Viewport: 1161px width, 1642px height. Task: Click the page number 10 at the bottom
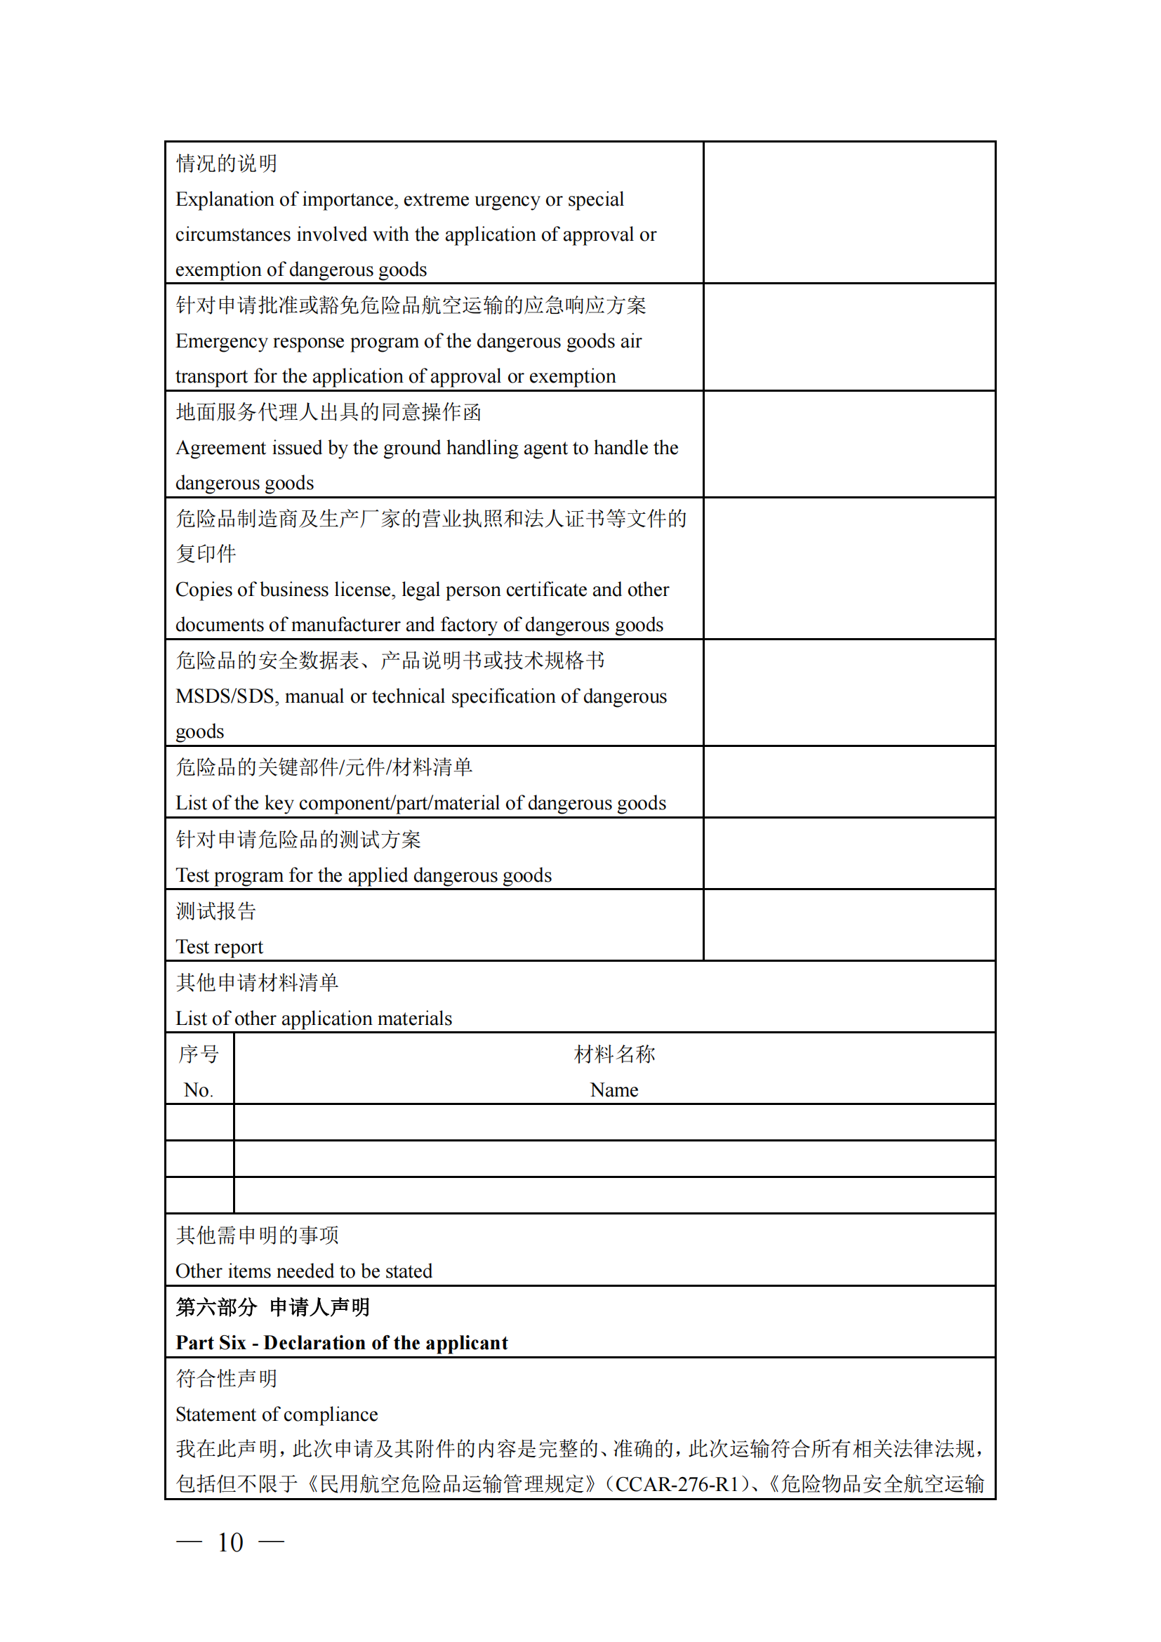(x=230, y=1542)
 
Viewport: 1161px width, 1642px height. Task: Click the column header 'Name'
(x=613, y=1090)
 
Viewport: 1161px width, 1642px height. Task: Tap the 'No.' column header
(x=198, y=1090)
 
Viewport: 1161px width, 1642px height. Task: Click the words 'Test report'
(x=220, y=947)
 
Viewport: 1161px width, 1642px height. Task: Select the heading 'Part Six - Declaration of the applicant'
(x=342, y=1343)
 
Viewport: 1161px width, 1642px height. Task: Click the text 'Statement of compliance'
(x=277, y=1415)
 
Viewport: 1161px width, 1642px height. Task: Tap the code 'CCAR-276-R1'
(x=675, y=1485)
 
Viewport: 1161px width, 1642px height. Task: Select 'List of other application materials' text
(x=314, y=1019)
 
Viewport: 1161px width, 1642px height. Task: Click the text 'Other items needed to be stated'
(x=304, y=1271)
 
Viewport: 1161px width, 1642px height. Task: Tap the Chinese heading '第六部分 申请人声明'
(x=272, y=1307)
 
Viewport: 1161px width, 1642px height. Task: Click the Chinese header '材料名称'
(x=613, y=1054)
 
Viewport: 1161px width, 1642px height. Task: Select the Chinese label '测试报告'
(x=216, y=911)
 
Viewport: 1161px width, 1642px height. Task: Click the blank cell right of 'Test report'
(x=849, y=925)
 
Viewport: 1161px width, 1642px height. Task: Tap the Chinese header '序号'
(x=198, y=1054)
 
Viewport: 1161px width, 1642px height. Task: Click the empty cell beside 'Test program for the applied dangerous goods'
(x=849, y=854)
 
